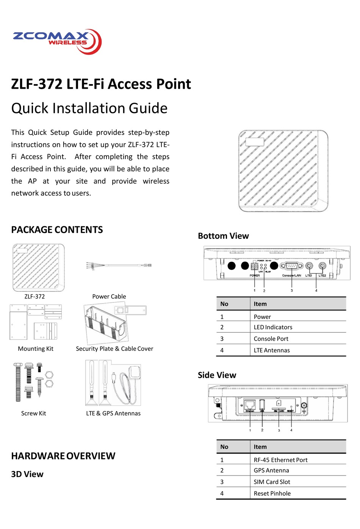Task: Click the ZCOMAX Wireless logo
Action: pyautogui.click(x=57, y=41)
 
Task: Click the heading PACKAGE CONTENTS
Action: pyautogui.click(x=57, y=230)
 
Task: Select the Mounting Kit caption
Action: pyautogui.click(x=36, y=349)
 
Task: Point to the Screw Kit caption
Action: pyautogui.click(x=33, y=413)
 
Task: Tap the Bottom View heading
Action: pyautogui.click(x=223, y=236)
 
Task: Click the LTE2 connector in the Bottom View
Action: pyautogui.click(x=322, y=266)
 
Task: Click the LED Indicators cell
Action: pyautogui.click(x=273, y=327)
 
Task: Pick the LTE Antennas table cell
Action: pyautogui.click(x=272, y=350)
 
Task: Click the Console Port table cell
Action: pyautogui.click(x=271, y=339)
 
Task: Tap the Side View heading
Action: pyautogui.click(x=217, y=375)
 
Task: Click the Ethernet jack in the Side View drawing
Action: pyautogui.click(x=250, y=405)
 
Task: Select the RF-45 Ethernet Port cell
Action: pyautogui.click(x=280, y=460)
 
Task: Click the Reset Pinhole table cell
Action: pyautogui.click(x=272, y=493)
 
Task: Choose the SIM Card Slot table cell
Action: pyautogui.click(x=272, y=482)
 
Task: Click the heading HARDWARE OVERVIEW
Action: pyautogui.click(x=63, y=456)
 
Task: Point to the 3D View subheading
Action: pyautogui.click(x=27, y=474)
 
